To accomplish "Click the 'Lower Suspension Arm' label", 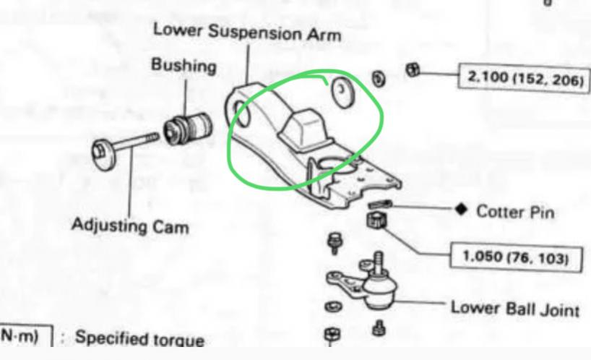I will pyautogui.click(x=246, y=32).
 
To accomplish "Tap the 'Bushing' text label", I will pyautogui.click(x=184, y=66).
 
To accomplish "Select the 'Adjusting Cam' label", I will pyautogui.click(x=130, y=226).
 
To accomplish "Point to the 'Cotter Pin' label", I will pyautogui.click(x=515, y=211).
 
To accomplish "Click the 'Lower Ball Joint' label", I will pyautogui.click(x=514, y=309).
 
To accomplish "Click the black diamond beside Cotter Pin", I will pyautogui.click(x=461, y=210).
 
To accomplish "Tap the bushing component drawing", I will pyautogui.click(x=186, y=129).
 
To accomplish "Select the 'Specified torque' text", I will pyautogui.click(x=139, y=338).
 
